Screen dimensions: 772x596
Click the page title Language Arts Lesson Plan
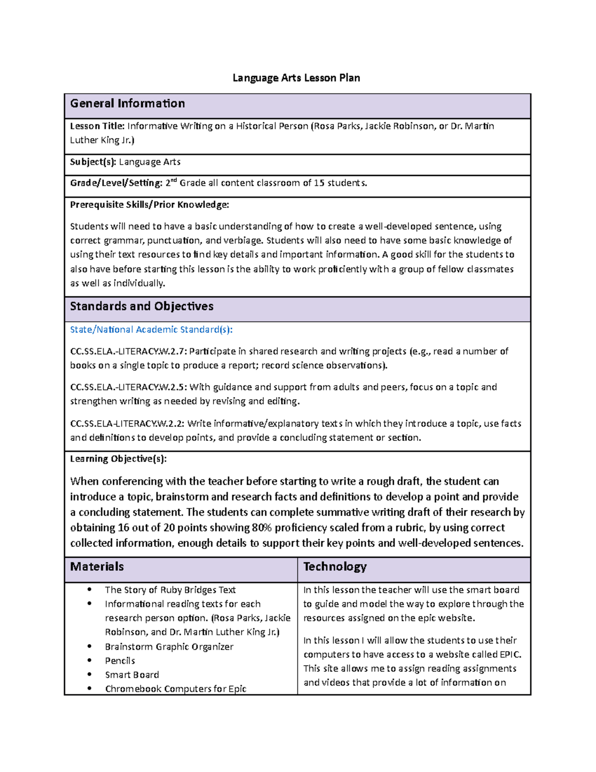tap(297, 78)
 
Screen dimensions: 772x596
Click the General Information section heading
tap(128, 103)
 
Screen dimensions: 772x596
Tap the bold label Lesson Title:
tap(97, 126)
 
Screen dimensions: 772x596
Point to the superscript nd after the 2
tap(174, 180)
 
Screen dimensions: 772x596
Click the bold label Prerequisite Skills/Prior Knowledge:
tap(149, 205)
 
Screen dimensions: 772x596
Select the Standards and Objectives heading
tap(142, 306)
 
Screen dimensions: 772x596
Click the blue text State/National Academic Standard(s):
tap(151, 330)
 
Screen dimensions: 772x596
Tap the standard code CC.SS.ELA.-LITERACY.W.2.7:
tap(129, 351)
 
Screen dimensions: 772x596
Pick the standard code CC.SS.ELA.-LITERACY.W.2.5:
tap(129, 387)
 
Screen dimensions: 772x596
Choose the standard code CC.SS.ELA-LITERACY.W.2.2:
tap(127, 424)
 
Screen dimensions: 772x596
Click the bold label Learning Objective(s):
tap(118, 459)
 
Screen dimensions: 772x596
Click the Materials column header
tap(97, 567)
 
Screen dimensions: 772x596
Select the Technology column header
tap(335, 567)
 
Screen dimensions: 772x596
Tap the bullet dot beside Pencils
tap(89, 660)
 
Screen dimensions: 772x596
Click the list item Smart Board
tap(132, 675)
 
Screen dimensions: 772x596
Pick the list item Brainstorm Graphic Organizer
tap(169, 647)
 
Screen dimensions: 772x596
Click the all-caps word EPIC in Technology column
tap(510, 655)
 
